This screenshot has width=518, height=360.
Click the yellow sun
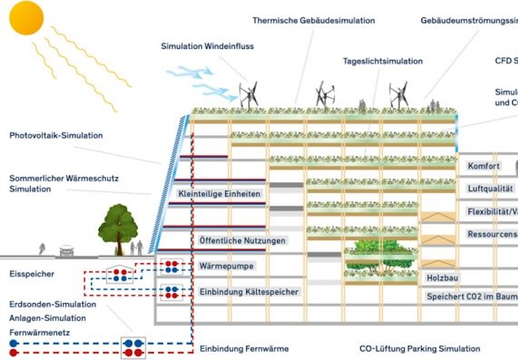pos(27,18)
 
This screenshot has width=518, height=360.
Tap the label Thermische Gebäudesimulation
pos(313,21)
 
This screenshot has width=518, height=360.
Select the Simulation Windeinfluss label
pos(207,46)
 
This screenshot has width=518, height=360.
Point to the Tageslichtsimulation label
pos(383,61)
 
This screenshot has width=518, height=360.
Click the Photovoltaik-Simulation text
pos(56,136)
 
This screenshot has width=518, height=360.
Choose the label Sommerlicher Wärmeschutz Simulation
pos(64,184)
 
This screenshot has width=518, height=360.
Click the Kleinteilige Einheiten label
pos(219,194)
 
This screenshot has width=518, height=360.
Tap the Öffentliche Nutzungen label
pos(242,241)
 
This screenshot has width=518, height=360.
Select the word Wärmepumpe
pos(227,265)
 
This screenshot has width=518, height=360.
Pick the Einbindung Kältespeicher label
pos(249,291)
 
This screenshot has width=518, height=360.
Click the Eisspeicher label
pos(32,274)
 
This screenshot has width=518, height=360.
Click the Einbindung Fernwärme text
pos(244,349)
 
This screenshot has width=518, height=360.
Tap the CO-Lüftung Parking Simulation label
pos(420,349)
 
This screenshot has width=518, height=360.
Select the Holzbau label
pos(442,277)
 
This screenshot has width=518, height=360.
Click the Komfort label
pos(483,166)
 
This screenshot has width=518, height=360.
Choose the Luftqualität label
pos(490,189)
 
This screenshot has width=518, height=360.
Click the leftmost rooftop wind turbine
pos(248,95)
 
